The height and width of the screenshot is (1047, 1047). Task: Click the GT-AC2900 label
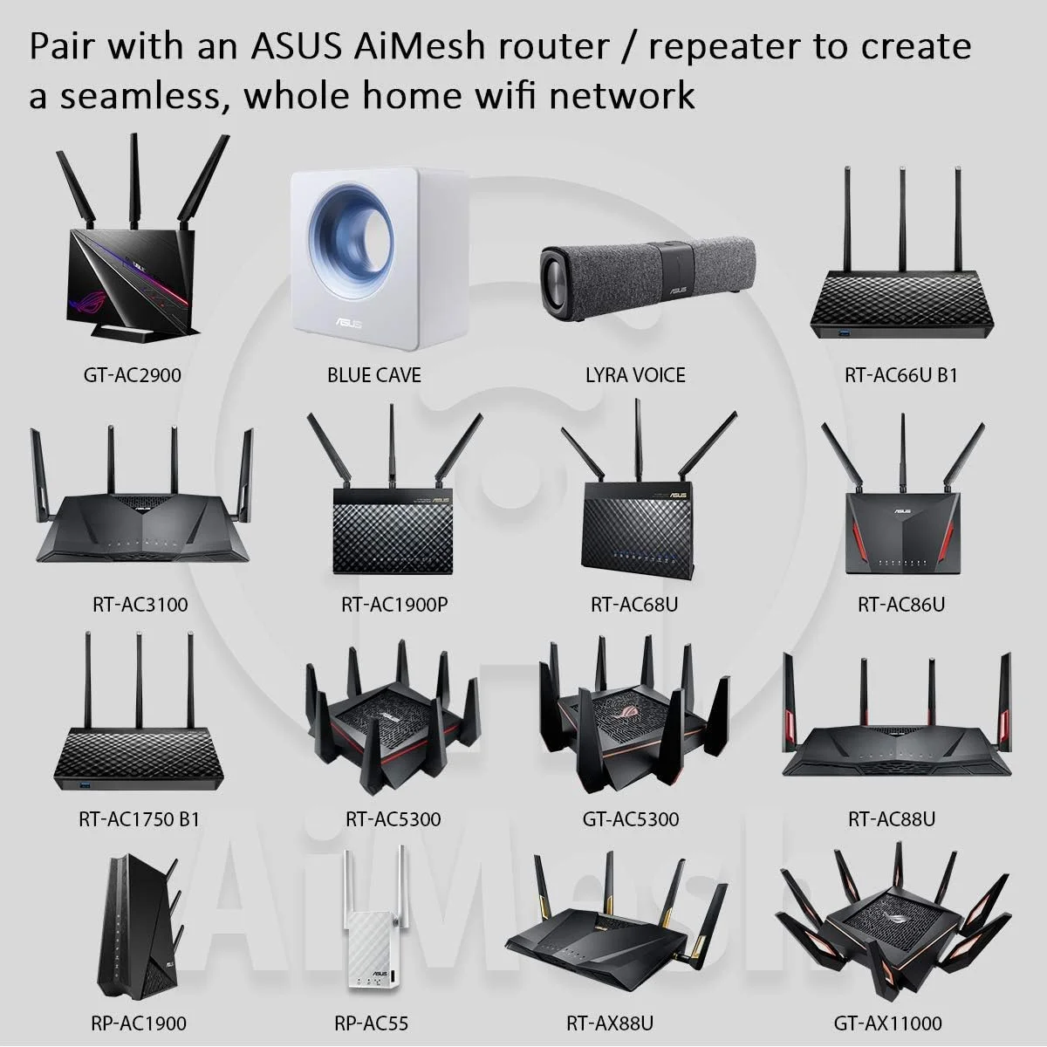click(133, 375)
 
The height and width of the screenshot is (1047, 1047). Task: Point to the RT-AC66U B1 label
click(901, 375)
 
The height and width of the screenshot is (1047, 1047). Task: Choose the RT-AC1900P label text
click(394, 604)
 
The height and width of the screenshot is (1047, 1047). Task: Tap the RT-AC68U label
click(634, 604)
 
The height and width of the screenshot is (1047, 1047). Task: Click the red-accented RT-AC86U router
click(902, 523)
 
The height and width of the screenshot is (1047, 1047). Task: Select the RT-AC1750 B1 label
click(140, 819)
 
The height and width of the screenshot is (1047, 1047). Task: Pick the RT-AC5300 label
click(393, 819)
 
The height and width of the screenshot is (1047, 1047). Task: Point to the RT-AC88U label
click(892, 819)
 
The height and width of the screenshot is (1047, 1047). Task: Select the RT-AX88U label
click(622, 1023)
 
